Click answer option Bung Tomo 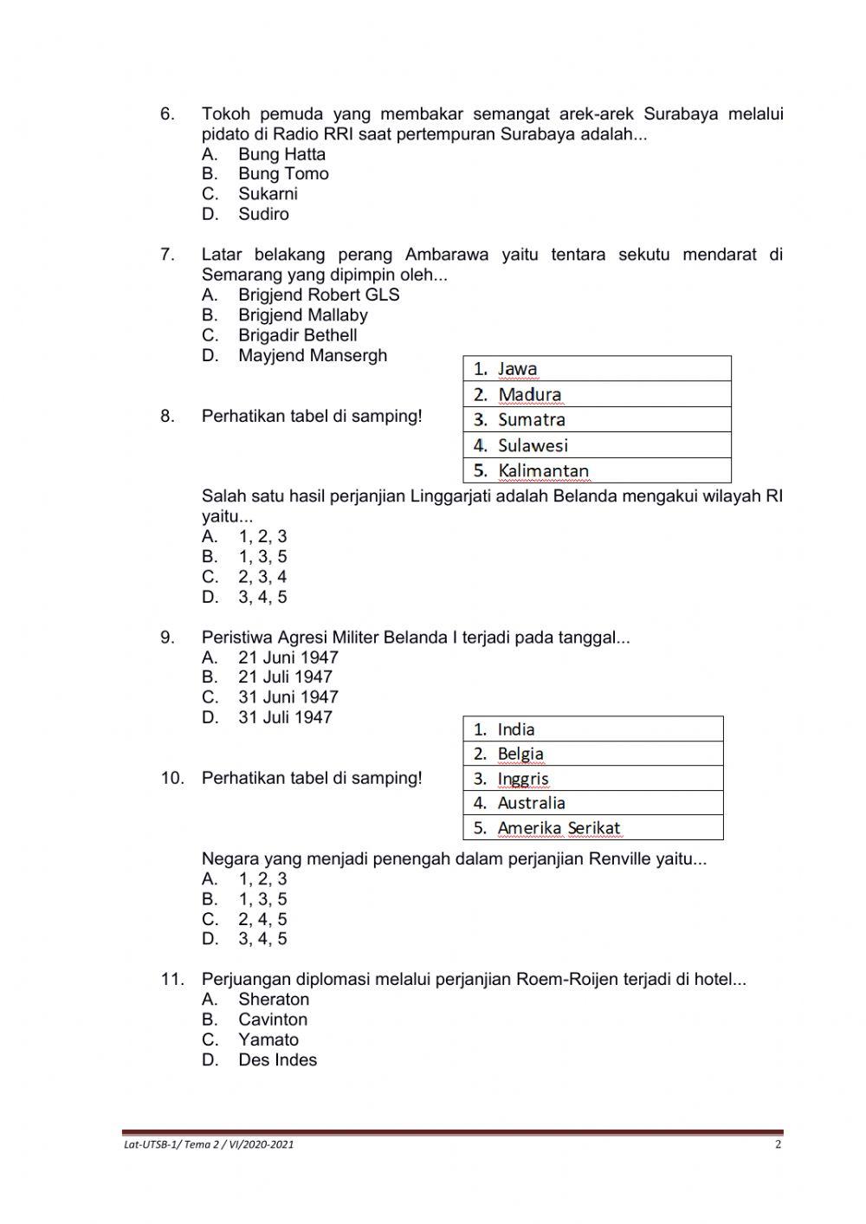[x=283, y=174]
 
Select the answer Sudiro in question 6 [x=263, y=214]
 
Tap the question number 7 [x=167, y=255]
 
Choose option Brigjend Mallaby [x=302, y=315]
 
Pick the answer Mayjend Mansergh [x=313, y=355]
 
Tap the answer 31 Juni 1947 [x=288, y=697]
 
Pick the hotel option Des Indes [x=277, y=1060]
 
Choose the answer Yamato [x=268, y=1040]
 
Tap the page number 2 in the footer [x=778, y=1144]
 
